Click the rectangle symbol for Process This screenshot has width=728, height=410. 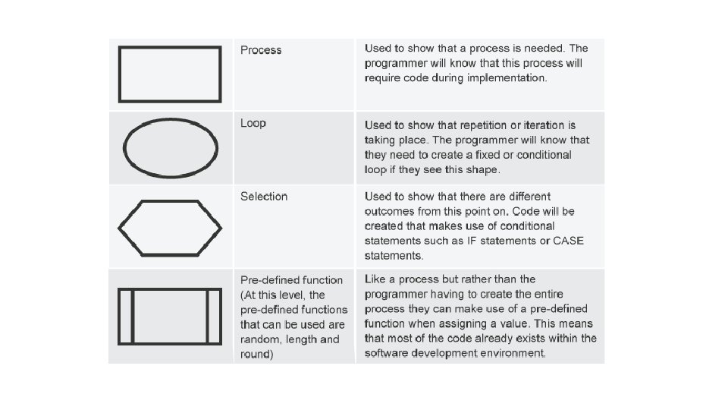pos(170,74)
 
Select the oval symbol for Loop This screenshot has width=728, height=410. pos(171,147)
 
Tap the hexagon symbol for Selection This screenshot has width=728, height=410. pos(170,227)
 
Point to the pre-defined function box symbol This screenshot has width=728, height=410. pos(170,316)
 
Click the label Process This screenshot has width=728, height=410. pos(261,50)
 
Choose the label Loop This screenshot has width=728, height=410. pos(253,123)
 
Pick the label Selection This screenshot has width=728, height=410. pos(264,197)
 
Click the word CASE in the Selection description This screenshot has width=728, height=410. pos(569,241)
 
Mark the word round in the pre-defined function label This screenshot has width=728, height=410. pos(256,354)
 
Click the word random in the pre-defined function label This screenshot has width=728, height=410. pos(262,339)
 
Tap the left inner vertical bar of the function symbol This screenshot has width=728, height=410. pos(133,316)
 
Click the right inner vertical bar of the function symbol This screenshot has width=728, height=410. pos(207,316)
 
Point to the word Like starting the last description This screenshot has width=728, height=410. pos(376,279)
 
